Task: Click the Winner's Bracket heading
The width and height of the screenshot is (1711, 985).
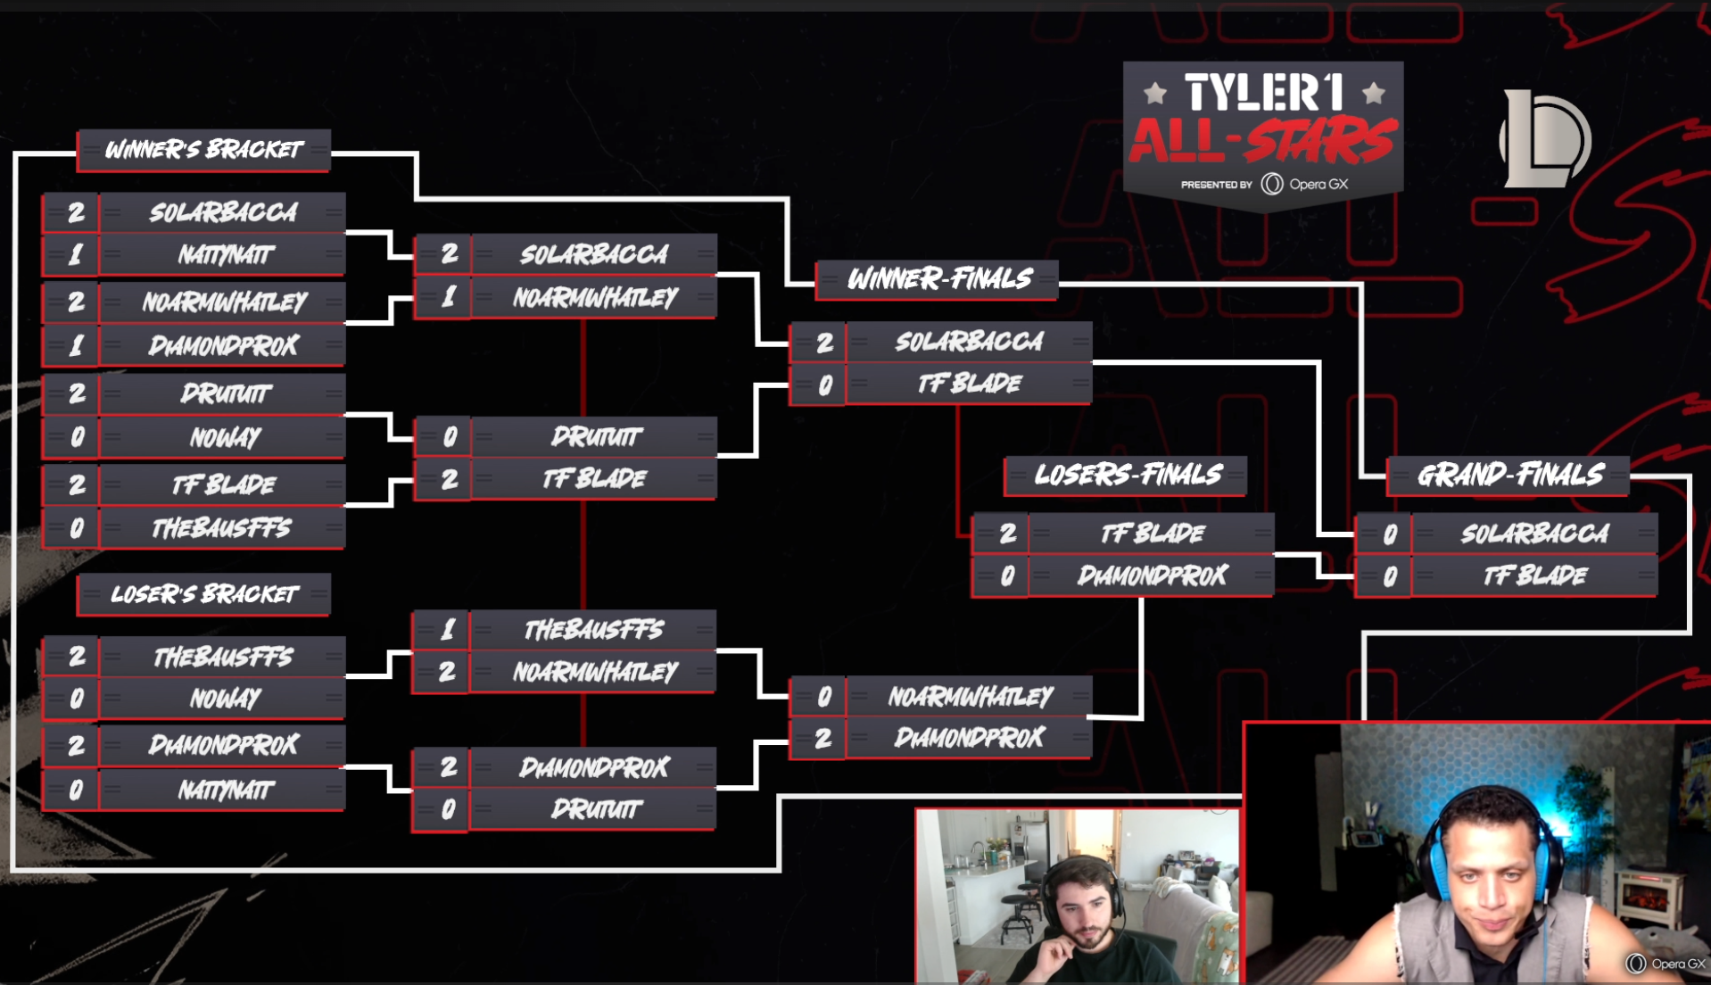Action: (x=204, y=150)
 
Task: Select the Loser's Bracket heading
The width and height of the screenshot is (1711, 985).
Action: (x=204, y=594)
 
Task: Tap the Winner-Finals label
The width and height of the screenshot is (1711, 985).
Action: (x=938, y=279)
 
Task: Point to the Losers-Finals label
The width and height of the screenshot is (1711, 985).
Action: (x=1128, y=475)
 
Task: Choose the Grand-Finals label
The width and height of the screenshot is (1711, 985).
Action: (x=1510, y=475)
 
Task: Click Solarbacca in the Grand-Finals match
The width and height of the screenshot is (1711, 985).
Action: (x=1534, y=534)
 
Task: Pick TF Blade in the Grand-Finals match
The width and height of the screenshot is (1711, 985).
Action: (x=1534, y=575)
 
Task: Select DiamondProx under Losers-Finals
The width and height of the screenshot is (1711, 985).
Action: (x=1152, y=575)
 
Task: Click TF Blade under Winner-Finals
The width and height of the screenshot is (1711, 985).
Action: (x=969, y=384)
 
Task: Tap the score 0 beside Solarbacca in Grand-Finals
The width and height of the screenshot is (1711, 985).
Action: (x=1388, y=534)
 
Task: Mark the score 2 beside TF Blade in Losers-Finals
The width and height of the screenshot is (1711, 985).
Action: (x=1007, y=534)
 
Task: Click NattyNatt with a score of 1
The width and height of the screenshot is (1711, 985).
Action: (x=225, y=256)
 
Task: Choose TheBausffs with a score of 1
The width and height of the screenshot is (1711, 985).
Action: (x=593, y=630)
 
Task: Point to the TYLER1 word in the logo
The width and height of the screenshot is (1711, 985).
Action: (x=1263, y=92)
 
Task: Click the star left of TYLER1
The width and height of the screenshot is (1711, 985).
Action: (x=1155, y=92)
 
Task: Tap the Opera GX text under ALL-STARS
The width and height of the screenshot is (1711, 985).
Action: (x=1318, y=185)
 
